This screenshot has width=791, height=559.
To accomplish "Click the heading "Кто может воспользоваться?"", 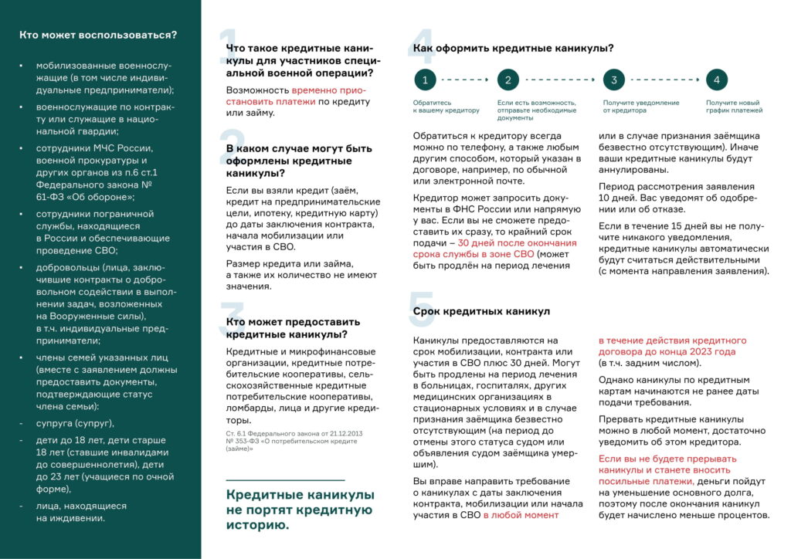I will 97,35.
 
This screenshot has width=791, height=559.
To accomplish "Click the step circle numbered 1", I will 425,80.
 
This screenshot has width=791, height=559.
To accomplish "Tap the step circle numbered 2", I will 508,80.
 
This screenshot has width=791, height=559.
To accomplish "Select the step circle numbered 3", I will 613,80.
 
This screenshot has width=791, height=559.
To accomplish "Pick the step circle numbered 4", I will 717,80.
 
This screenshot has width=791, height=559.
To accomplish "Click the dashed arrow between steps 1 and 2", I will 466,80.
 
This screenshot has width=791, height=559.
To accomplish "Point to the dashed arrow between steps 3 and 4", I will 665,80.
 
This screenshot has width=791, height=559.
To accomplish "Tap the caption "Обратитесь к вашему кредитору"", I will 446,107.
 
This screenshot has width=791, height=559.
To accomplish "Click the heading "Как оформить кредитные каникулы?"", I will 513,48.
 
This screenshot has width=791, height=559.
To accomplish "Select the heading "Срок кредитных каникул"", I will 481,311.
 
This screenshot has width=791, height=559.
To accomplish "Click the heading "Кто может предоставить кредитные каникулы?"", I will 293,327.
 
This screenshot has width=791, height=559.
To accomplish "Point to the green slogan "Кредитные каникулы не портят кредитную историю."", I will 300,510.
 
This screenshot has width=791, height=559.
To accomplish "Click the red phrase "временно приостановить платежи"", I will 297,96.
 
